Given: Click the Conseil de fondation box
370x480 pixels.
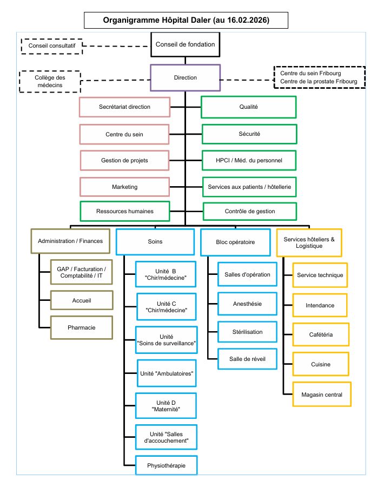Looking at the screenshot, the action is point(185,45).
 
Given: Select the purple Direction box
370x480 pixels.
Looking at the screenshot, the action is point(185,78).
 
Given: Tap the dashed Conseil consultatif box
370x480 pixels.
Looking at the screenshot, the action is point(52,46).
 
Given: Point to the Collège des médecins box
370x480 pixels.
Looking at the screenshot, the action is point(50,81).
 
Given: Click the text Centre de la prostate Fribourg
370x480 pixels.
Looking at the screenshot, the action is point(319,81).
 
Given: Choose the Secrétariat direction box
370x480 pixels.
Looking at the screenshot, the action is point(124,107).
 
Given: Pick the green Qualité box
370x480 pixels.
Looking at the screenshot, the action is point(248,107).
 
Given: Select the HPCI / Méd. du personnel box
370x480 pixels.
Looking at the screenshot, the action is point(249,160).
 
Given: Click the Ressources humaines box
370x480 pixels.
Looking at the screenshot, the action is point(125,211).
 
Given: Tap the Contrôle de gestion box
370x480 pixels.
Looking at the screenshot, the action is point(250,211).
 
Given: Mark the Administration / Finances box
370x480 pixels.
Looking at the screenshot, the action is point(70,241).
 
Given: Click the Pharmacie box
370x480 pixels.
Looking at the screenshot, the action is point(81,327).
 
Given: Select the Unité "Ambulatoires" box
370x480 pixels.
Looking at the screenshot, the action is point(167,373).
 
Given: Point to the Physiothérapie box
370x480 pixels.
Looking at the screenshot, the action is point(166,465).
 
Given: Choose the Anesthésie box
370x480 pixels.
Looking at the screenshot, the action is point(247,304).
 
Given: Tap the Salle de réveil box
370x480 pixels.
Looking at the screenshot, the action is point(247,359).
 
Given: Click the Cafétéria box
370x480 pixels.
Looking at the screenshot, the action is point(321,334).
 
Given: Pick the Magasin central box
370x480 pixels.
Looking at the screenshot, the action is point(322,394).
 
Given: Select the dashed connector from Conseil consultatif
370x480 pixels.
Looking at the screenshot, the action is point(116,46).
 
